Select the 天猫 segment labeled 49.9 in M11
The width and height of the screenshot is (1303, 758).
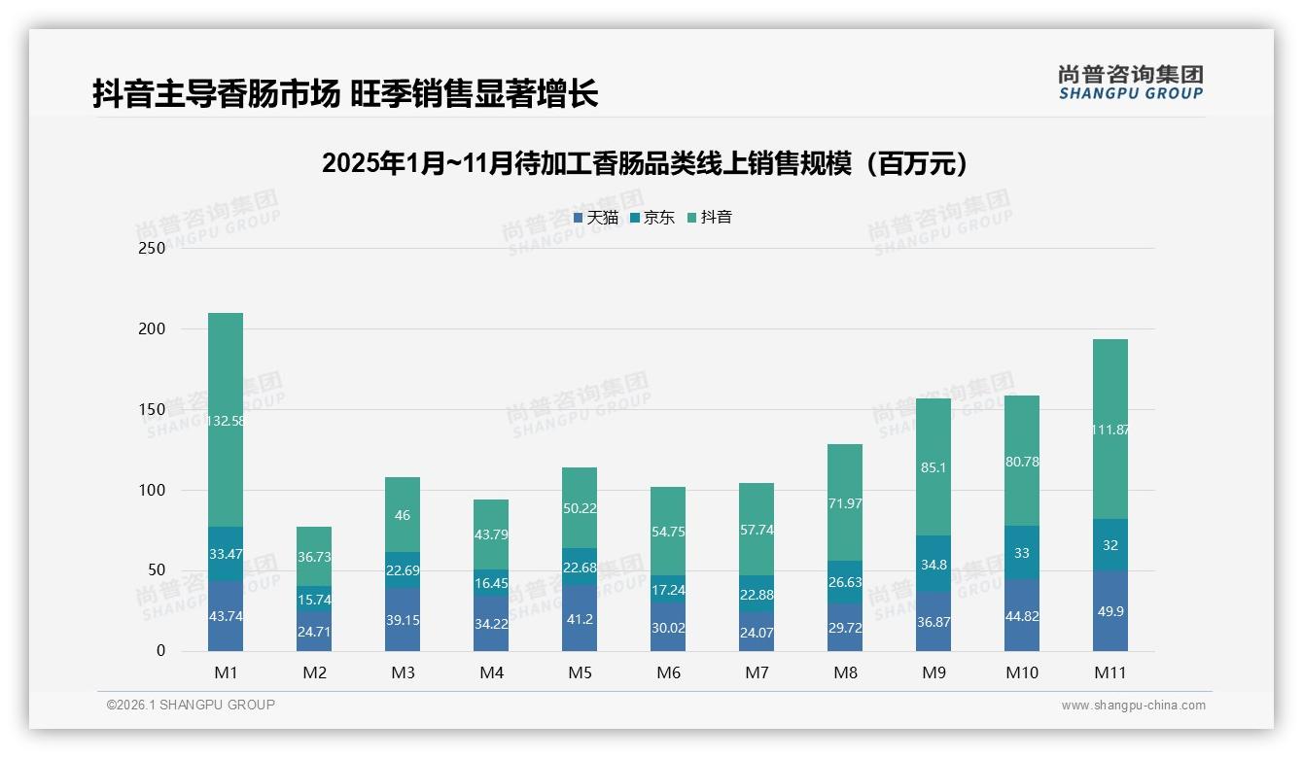[1110, 611]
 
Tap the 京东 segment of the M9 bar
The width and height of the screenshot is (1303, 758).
[933, 564]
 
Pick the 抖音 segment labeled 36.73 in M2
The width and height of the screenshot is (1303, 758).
[314, 556]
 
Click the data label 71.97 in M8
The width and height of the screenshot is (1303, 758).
[845, 503]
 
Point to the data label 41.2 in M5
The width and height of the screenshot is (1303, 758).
[580, 618]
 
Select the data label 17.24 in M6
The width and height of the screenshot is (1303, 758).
[668, 589]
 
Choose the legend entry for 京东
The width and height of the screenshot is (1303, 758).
[652, 218]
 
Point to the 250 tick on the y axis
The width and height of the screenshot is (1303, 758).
[153, 248]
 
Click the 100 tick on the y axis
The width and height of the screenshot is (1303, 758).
[153, 490]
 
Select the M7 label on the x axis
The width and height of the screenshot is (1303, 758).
[757, 672]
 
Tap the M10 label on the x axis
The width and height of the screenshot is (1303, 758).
[1022, 672]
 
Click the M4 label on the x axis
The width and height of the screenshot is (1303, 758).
[491, 672]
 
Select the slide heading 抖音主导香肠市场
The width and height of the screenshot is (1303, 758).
[345, 94]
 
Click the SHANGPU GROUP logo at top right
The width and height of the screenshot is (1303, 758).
[1130, 83]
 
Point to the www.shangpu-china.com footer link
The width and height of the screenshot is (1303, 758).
[1133, 706]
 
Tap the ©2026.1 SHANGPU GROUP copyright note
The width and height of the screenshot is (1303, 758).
[191, 705]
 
